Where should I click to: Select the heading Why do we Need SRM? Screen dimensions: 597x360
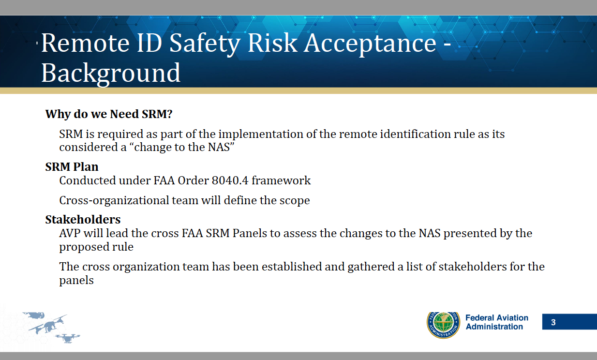(x=109, y=114)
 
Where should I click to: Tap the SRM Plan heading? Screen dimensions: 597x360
(x=72, y=167)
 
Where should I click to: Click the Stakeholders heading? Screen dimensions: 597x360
(x=83, y=220)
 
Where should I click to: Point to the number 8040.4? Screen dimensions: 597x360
(x=230, y=180)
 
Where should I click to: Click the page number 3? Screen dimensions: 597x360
(x=553, y=322)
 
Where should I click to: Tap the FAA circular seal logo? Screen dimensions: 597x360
(x=443, y=325)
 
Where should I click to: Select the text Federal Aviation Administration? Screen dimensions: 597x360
(x=497, y=322)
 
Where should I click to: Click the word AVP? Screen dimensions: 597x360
(x=70, y=233)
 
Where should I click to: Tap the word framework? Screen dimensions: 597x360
(x=281, y=180)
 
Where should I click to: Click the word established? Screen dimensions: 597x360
(x=292, y=267)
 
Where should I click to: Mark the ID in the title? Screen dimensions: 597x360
(x=149, y=43)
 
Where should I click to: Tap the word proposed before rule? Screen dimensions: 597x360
(x=84, y=248)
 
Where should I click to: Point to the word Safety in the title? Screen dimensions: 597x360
(x=205, y=44)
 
